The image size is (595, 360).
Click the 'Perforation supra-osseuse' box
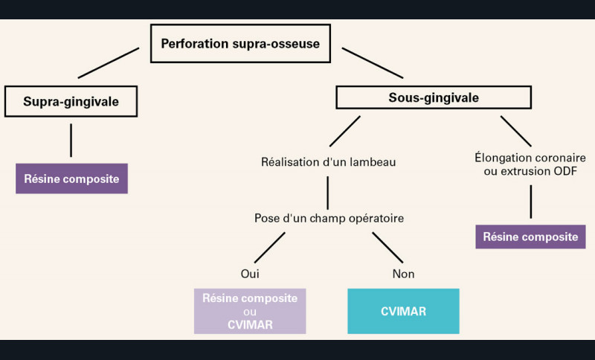pyautogui.click(x=240, y=44)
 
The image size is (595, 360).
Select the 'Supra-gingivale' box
pyautogui.click(x=71, y=101)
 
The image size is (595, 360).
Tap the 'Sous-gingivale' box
pyautogui.click(x=434, y=97)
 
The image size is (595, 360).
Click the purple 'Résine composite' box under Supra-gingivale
pyautogui.click(x=71, y=179)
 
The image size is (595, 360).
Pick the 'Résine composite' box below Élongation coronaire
pyautogui.click(x=530, y=237)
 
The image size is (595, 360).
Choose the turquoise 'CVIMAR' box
pyautogui.click(x=403, y=312)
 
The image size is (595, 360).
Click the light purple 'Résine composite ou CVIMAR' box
pyautogui.click(x=250, y=312)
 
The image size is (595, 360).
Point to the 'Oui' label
pyautogui.click(x=250, y=274)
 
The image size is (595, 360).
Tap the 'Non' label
pyautogui.click(x=403, y=274)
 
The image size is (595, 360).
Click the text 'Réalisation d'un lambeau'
pyautogui.click(x=328, y=162)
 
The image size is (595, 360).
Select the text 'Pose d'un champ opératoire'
pyautogui.click(x=329, y=218)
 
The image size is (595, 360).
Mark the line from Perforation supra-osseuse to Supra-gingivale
pyautogui.click(x=109, y=63)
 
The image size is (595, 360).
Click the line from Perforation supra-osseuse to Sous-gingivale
pyautogui.click(x=373, y=63)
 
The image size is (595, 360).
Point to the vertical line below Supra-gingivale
pyautogui.click(x=71, y=141)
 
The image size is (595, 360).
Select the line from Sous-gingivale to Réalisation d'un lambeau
pyautogui.click(x=345, y=131)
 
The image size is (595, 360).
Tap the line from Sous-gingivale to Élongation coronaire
pyautogui.click(x=515, y=131)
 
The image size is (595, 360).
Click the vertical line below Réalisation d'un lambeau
pyautogui.click(x=328, y=193)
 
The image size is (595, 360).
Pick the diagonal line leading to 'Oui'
pyautogui.click(x=270, y=248)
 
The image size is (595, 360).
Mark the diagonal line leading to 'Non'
pyautogui.click(x=387, y=248)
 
